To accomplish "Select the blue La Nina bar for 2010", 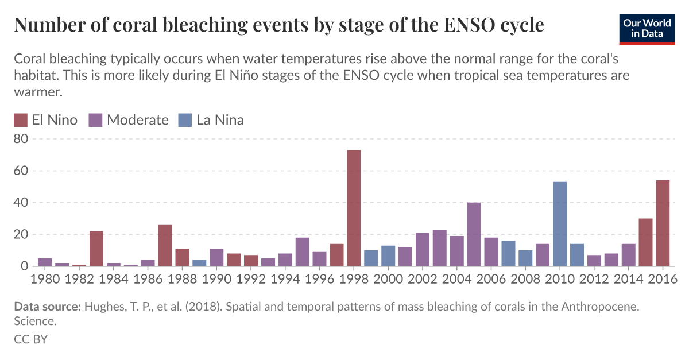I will tap(560, 224).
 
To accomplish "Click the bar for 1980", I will tap(45, 262).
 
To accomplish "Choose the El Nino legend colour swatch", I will tap(21, 120).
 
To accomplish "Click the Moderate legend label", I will tap(138, 120).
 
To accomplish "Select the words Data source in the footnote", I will tap(47, 307).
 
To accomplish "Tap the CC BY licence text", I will tap(30, 339).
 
